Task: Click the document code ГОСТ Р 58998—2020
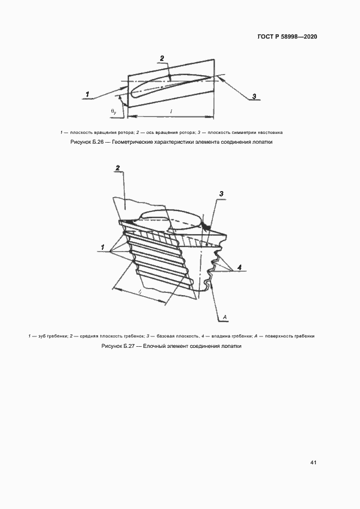287,37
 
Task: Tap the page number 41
313,463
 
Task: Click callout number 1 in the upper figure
87,95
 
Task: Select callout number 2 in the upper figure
162,58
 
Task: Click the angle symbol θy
114,111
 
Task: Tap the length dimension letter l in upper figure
172,112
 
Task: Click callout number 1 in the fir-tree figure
102,248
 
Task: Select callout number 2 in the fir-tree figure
117,168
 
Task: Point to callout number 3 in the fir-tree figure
221,194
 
